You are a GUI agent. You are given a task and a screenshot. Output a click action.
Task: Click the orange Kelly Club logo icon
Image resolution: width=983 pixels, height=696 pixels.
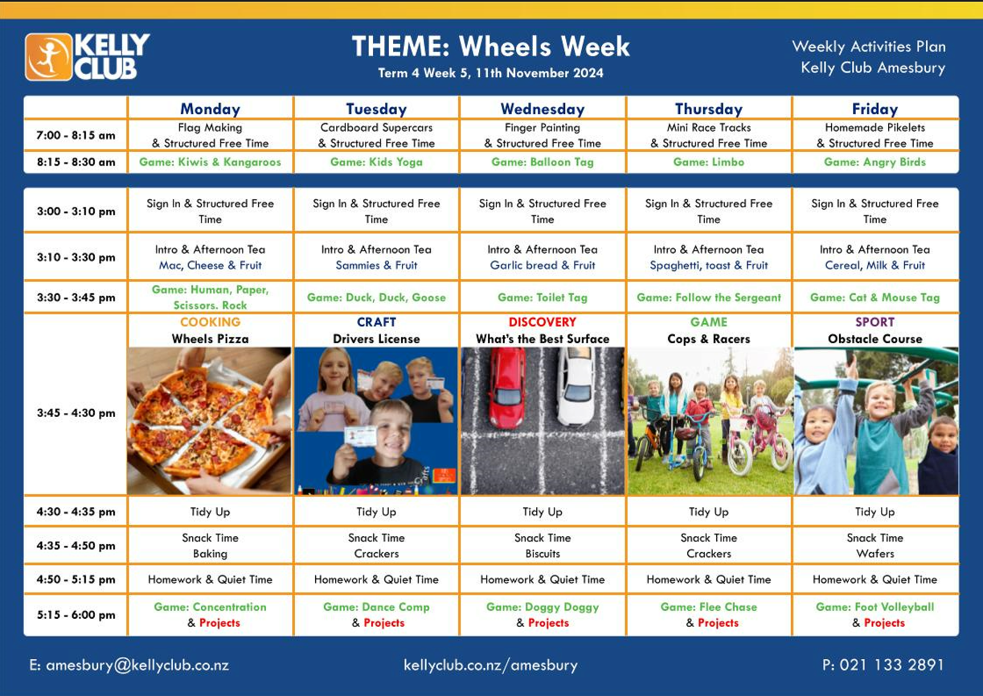click(x=49, y=57)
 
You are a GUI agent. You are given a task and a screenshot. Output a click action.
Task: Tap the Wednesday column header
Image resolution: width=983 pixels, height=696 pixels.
click(x=543, y=109)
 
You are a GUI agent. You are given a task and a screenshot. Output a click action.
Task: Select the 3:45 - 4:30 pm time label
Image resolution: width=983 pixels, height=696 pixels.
click(x=76, y=413)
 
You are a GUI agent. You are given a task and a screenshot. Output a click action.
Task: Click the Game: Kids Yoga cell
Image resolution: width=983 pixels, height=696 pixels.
click(x=376, y=162)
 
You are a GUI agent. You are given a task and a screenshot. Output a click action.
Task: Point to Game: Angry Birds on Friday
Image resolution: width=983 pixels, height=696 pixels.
click(x=875, y=162)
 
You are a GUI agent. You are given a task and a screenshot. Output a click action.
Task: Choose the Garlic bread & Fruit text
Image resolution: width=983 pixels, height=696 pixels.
click(x=543, y=265)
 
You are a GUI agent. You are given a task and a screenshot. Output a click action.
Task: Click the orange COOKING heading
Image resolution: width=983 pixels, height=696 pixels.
click(x=210, y=322)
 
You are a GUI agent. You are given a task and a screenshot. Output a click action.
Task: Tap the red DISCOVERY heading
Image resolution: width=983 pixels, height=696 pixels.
click(x=543, y=322)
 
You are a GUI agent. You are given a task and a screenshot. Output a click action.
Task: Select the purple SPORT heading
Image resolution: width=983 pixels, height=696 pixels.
click(x=875, y=322)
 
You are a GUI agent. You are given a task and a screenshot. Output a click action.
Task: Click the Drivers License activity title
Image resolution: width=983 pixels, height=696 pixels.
click(x=376, y=339)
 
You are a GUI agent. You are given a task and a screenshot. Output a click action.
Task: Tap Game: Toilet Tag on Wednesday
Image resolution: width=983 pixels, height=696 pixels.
click(x=543, y=297)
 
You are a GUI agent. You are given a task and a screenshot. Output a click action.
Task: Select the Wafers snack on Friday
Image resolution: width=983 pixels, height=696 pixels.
click(x=875, y=553)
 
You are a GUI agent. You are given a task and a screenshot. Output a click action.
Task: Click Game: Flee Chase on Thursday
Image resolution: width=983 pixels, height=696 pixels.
click(x=709, y=607)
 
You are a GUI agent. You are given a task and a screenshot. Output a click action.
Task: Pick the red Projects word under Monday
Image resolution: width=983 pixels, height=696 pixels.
click(x=220, y=623)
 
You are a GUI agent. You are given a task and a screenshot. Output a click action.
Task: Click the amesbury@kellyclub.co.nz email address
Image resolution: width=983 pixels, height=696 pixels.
click(x=137, y=665)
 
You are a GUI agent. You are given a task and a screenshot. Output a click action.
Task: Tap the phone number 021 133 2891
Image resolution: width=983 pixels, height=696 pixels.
click(x=892, y=665)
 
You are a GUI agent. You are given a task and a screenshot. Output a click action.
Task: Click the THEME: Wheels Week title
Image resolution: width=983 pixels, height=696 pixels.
click(x=491, y=46)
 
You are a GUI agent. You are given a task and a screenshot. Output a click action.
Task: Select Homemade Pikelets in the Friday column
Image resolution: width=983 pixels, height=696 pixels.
click(x=875, y=128)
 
